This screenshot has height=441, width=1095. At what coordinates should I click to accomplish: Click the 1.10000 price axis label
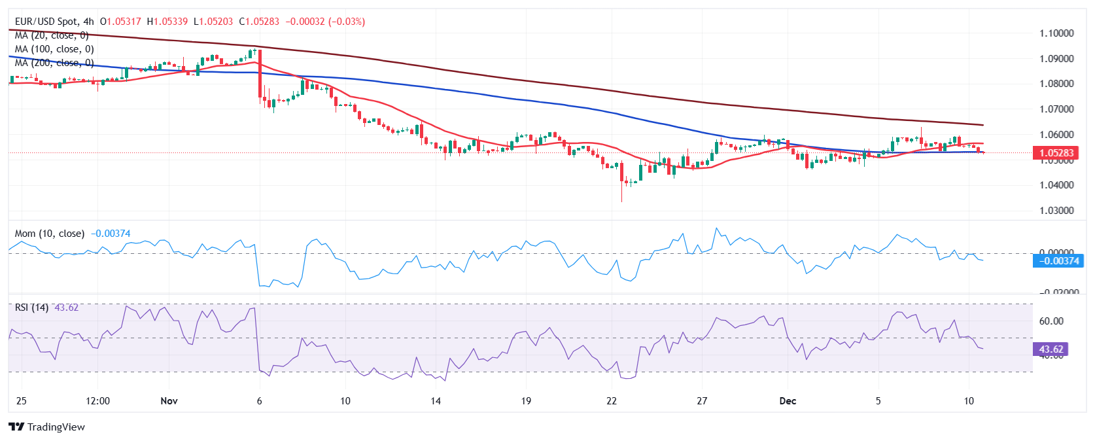[1056, 33]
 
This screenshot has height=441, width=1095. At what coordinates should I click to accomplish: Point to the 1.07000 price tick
[1056, 109]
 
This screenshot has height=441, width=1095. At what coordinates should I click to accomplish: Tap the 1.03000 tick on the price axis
[1056, 211]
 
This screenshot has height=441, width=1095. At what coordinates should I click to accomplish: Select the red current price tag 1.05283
[1056, 153]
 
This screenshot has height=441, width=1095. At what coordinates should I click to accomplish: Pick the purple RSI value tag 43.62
[1051, 349]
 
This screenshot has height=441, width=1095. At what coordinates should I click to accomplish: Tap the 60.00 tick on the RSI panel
[1051, 321]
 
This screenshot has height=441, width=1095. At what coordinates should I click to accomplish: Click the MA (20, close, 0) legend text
[52, 35]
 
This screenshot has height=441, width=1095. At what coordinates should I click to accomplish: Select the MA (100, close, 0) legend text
[54, 49]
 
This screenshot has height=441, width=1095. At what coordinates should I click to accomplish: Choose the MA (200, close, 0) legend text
[54, 63]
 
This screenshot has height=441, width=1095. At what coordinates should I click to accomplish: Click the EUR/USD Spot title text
[46, 22]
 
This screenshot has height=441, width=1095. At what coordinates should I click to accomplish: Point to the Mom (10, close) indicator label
[50, 234]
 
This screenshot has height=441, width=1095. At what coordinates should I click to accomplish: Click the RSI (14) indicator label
[31, 308]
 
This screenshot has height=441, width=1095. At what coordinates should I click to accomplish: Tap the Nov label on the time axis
[169, 401]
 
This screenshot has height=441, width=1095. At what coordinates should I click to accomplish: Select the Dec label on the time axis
[788, 401]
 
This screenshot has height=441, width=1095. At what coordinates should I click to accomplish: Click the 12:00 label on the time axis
[97, 401]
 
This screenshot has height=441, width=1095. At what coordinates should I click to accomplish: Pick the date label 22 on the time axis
[612, 401]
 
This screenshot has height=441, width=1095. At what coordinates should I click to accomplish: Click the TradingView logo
[47, 427]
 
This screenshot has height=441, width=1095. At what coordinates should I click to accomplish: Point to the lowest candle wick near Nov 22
[621, 200]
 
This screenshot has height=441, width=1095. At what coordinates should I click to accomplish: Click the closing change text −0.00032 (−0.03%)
[325, 22]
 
